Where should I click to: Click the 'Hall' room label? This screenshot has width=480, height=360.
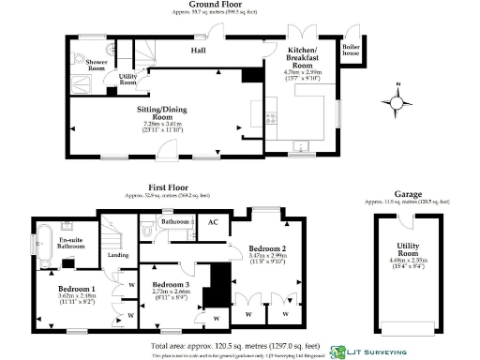199,50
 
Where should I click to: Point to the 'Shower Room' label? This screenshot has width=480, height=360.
97,65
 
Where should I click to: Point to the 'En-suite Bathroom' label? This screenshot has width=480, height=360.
71,247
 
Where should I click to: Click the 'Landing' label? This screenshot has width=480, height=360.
118,254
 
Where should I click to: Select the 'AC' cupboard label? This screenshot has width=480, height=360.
212,223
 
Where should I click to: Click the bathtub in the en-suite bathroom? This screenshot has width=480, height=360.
45,244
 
